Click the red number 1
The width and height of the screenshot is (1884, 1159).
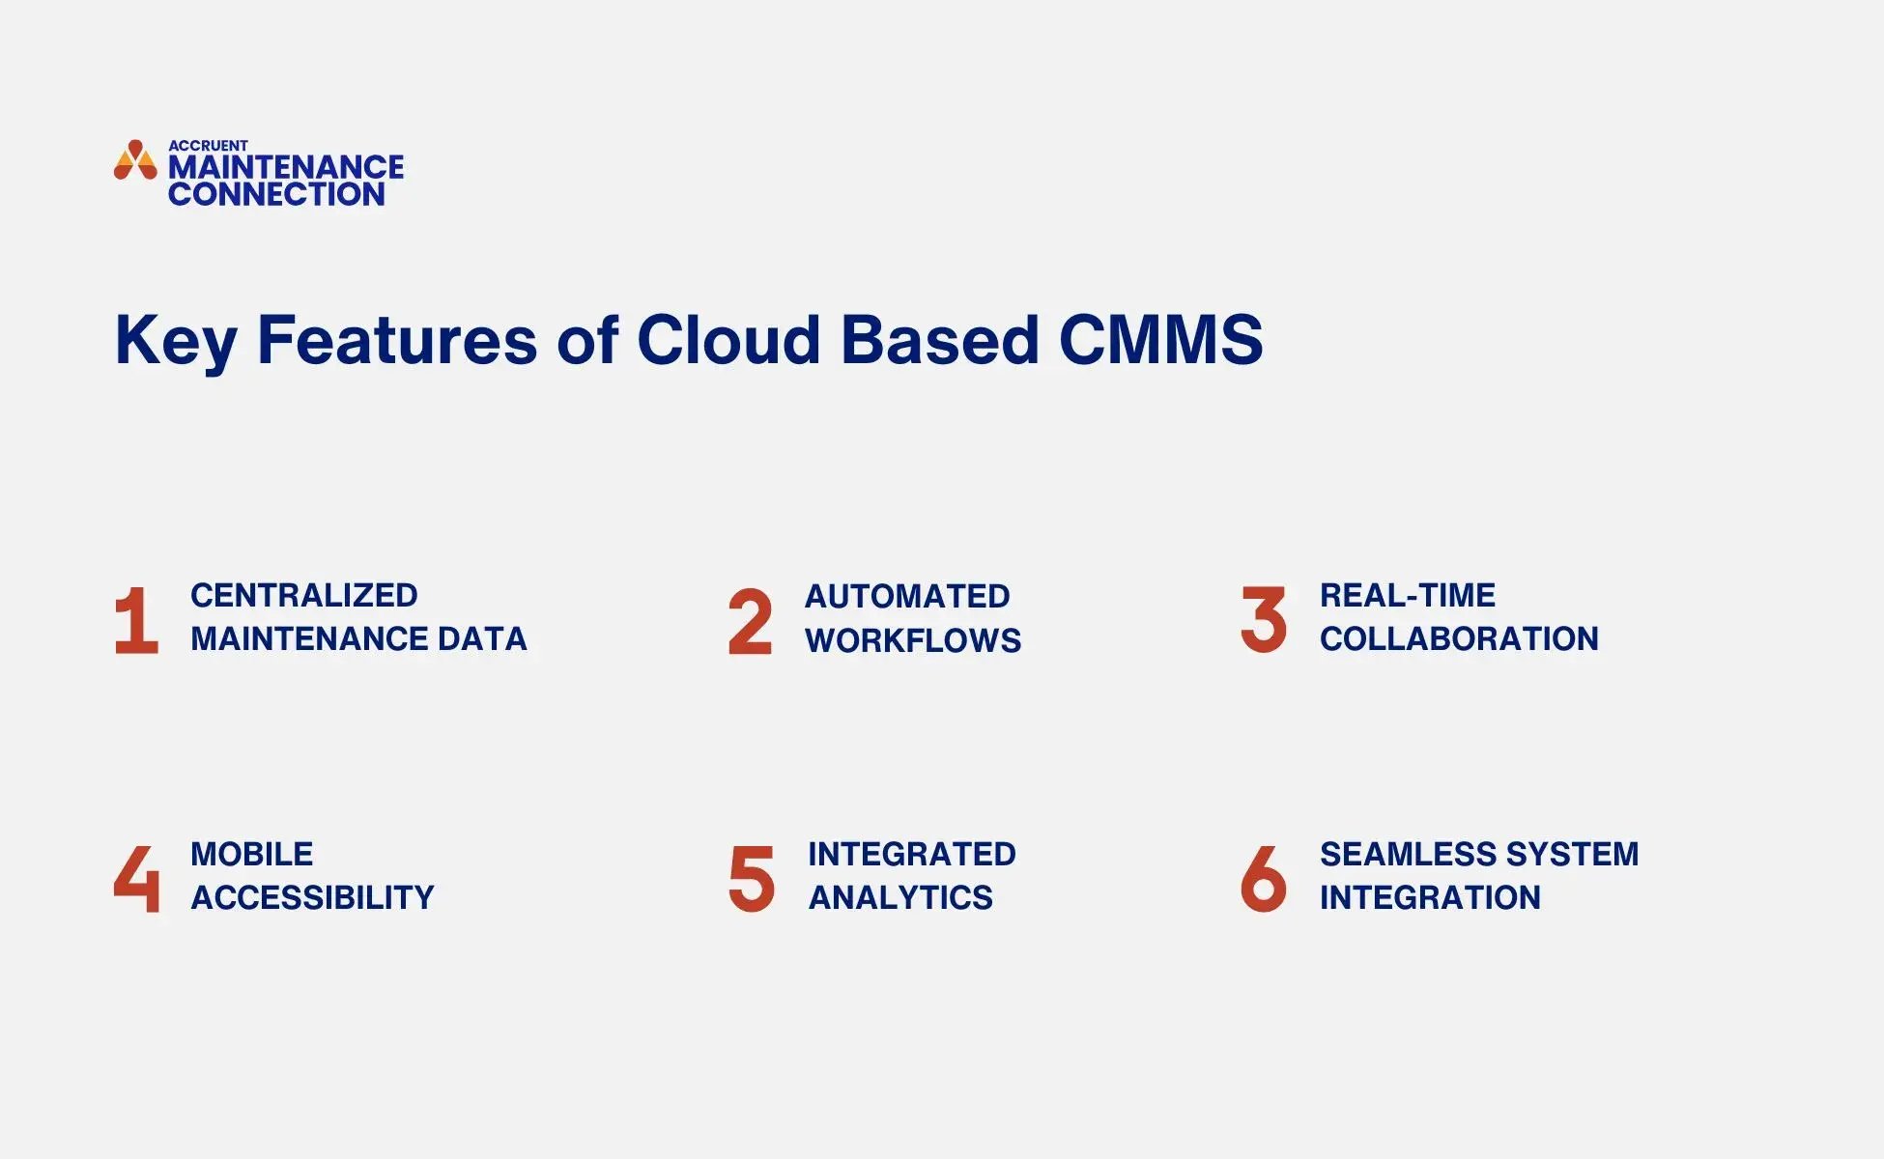tap(136, 621)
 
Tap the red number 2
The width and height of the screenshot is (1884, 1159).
tap(751, 621)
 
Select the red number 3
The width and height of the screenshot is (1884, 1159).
tap(1264, 619)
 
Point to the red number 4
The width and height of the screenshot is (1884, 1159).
tap(136, 878)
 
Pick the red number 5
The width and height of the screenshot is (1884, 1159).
tap(752, 878)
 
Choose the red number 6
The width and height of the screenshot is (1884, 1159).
tap(1264, 878)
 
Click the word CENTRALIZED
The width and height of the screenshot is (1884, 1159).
tap(303, 595)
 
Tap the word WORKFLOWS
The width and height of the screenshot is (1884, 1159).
tap(913, 640)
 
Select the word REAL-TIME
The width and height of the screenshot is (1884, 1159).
tap(1407, 595)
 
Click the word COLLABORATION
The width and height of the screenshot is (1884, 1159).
tap(1459, 638)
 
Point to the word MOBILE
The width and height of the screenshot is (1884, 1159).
tap(251, 854)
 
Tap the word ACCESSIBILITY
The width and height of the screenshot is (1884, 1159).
tap(312, 897)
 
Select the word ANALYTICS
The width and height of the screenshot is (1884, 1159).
tap(900, 897)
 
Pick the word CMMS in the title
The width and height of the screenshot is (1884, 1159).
tap(1160, 340)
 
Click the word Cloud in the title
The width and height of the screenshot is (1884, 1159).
tap(728, 340)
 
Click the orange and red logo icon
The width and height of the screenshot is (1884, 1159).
tap(135, 161)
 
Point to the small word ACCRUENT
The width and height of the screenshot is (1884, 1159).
tap(208, 146)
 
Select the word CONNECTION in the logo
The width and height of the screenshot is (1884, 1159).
tap(276, 194)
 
